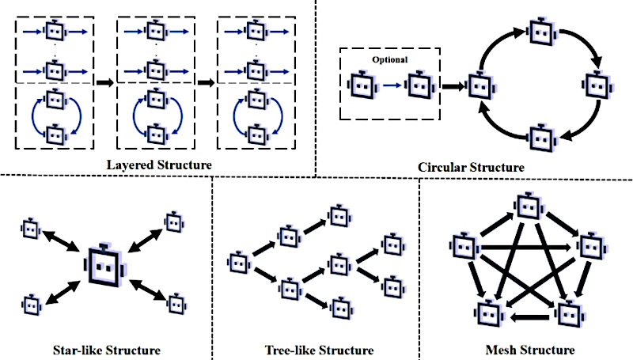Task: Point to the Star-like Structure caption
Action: coord(105,349)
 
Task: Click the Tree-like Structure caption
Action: coord(318,349)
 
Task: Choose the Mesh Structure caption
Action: coord(529,349)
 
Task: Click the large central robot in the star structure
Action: coord(104,265)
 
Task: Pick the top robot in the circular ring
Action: coord(540,32)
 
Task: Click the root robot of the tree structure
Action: coord(240,260)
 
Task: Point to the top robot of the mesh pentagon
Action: coord(527,207)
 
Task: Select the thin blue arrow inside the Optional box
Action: coord(391,84)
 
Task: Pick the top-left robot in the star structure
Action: coord(30,229)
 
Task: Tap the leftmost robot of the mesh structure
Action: coord(463,246)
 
